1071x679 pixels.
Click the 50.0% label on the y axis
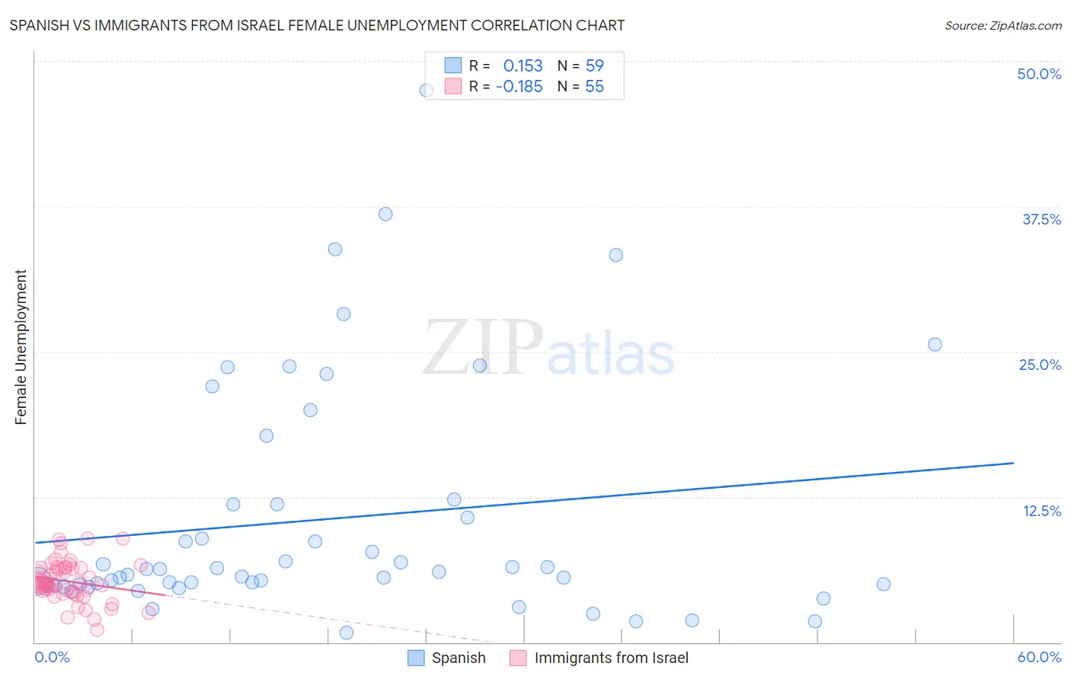coord(1039,74)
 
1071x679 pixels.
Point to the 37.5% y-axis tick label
coord(1041,219)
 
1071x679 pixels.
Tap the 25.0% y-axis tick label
coord(1040,365)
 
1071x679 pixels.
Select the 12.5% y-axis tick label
coord(1041,511)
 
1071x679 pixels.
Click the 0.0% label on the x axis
coord(52,657)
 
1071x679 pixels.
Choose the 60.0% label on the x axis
coord(1039,657)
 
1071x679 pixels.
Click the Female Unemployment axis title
coord(21,347)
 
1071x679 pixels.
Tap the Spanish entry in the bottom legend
coord(458,658)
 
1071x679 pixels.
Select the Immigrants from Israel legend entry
coord(611,658)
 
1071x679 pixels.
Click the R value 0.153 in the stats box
coord(523,65)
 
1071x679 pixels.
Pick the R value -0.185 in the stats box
coord(519,87)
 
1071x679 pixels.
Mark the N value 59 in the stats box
coord(594,65)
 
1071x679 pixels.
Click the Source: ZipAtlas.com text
coord(1002,26)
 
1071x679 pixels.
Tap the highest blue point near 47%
coord(427,90)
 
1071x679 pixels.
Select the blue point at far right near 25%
coord(935,344)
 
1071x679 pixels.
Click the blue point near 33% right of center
coord(615,255)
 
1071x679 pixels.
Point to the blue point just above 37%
coord(385,214)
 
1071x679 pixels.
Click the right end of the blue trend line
coord(1013,463)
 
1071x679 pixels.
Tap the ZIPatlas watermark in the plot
coord(548,349)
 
